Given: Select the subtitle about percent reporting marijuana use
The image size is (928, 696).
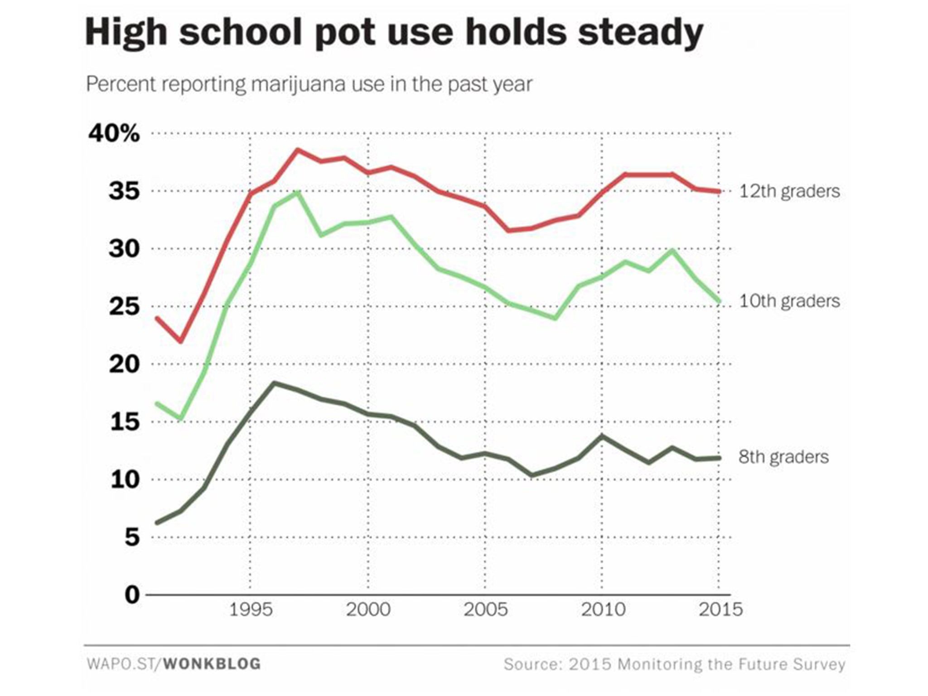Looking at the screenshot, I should pos(309,84).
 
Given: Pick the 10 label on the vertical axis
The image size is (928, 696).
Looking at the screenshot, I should pos(124,479).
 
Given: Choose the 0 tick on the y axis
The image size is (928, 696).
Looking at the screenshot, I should pos(132,594).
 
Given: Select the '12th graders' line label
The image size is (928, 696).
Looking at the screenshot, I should pos(789,191).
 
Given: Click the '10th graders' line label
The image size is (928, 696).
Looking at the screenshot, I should pos(789,301).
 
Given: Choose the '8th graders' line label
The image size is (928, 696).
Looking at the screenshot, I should pos(783,457).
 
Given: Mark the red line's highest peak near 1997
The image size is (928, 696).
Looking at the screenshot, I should pos(298,150).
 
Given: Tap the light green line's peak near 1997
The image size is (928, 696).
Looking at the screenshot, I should pos(298,193).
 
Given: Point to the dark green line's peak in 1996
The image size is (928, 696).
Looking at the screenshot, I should pos(274,383).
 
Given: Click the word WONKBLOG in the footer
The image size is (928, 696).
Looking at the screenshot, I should pos(212,664).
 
